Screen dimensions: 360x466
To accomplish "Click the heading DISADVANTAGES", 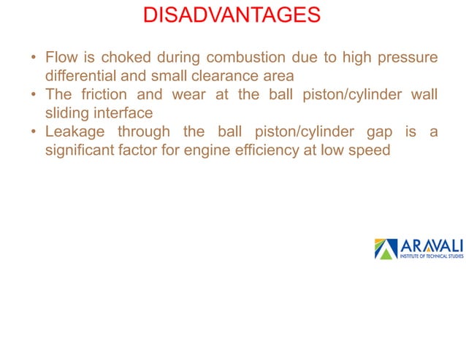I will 232,15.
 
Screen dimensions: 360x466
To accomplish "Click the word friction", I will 106,94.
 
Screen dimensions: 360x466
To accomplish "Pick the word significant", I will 80,151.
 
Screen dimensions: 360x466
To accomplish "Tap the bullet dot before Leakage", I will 34,132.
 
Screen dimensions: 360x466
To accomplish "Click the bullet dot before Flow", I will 34,56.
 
